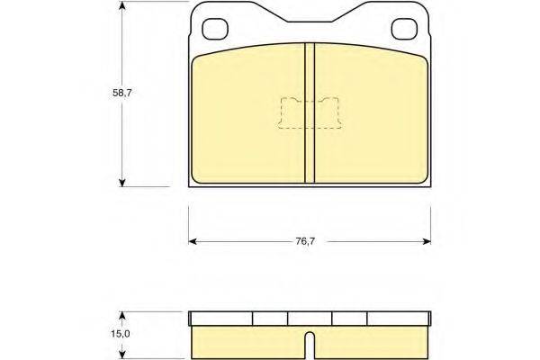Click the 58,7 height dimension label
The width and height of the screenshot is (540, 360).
pyautogui.click(x=122, y=93)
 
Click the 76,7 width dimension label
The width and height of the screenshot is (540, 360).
pyautogui.click(x=305, y=241)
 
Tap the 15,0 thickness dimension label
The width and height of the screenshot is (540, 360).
pyautogui.click(x=121, y=334)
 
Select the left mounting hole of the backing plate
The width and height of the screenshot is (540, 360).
pyautogui.click(x=215, y=29)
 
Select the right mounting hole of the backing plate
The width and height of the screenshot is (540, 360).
pyautogui.click(x=404, y=29)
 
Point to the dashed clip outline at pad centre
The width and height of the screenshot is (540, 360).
pyautogui.click(x=310, y=113)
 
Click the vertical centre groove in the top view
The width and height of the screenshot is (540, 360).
pyautogui.click(x=310, y=112)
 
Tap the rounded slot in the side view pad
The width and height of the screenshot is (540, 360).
pyautogui.click(x=310, y=346)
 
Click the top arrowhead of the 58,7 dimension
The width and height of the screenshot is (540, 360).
pyautogui.click(x=121, y=6)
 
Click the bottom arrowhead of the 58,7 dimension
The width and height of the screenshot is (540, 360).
pyautogui.click(x=121, y=183)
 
